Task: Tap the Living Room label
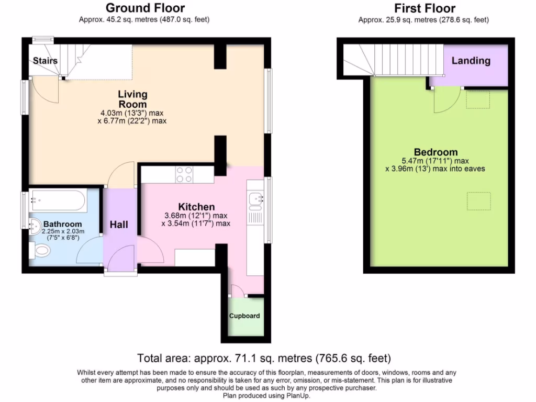point(132,99)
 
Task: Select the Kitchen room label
point(196,207)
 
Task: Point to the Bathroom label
point(62,224)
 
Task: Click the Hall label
point(119,225)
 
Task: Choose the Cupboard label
point(244,316)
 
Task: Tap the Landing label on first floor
point(471,61)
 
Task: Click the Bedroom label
point(436,152)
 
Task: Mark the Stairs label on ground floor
point(45,61)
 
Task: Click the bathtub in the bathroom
point(56,199)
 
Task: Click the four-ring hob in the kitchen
point(184,174)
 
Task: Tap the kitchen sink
point(256,198)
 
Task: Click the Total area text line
point(264,359)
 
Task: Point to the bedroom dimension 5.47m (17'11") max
point(434,161)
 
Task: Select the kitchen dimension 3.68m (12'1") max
point(196,216)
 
